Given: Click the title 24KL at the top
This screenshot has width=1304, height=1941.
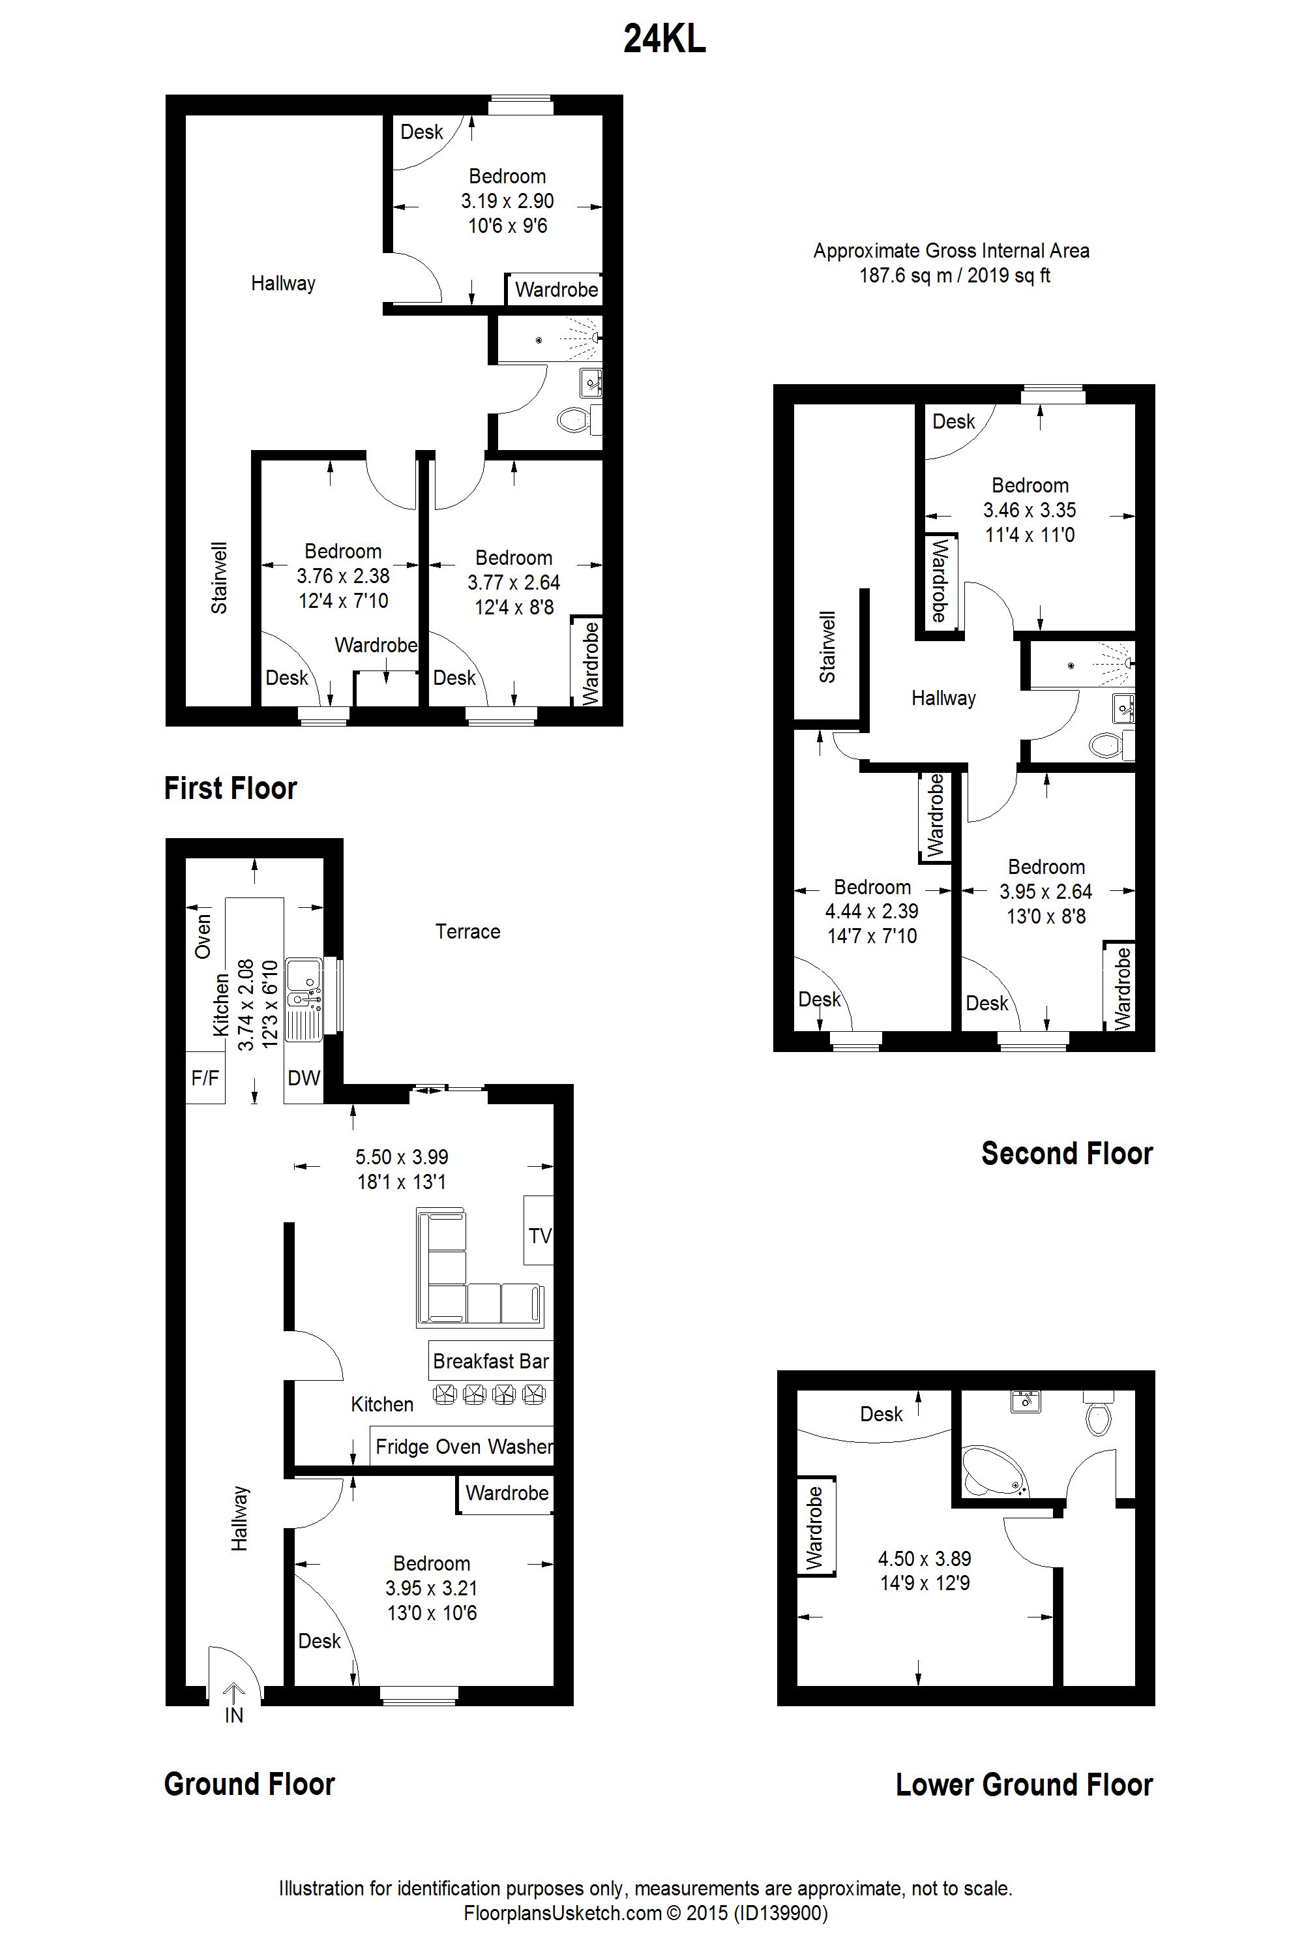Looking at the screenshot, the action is click(x=664, y=39).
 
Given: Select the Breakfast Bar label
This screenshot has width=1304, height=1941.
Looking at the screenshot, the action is click(x=491, y=1361).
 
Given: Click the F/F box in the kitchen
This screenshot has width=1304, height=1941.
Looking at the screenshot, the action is click(x=205, y=1078).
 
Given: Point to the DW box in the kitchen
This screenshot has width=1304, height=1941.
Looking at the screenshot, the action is click(x=304, y=1078).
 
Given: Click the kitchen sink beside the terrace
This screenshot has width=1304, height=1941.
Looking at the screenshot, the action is click(x=304, y=999).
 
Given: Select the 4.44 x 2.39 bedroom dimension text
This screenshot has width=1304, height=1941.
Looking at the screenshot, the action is click(x=872, y=911).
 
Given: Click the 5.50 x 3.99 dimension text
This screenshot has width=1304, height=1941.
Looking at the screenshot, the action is click(x=402, y=1156).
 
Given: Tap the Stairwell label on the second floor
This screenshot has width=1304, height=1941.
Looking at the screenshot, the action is click(x=827, y=647).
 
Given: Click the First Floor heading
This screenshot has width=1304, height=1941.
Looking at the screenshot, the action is click(x=230, y=788).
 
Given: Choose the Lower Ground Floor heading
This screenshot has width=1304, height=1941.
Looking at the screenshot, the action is click(x=1024, y=1784).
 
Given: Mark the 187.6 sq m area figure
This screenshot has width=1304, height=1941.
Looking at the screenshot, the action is click(x=906, y=275).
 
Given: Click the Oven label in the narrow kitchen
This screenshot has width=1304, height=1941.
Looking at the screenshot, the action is click(x=203, y=936).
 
